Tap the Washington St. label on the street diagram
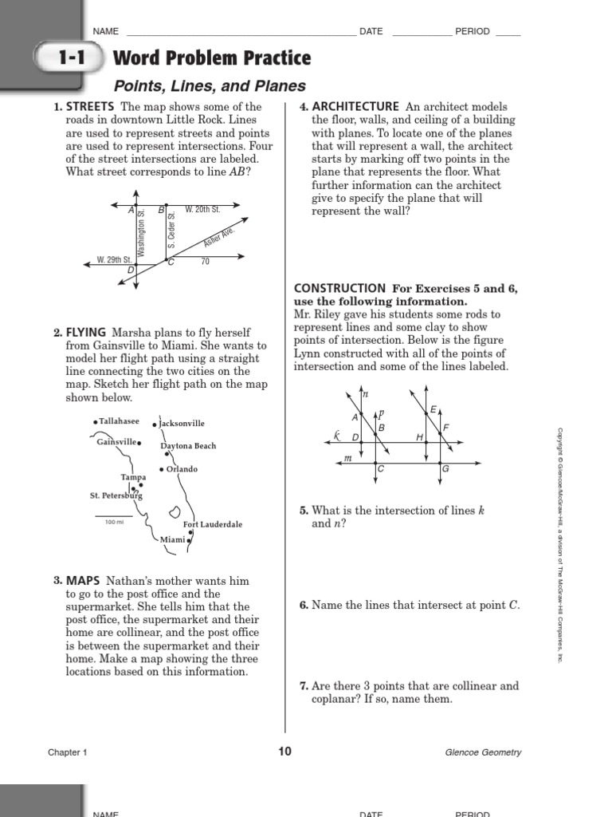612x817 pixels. [x=141, y=233]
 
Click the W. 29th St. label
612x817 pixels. [x=114, y=260]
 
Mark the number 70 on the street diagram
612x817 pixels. [x=205, y=262]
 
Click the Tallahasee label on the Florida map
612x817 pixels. [x=119, y=421]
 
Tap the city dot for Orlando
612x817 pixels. [x=162, y=469]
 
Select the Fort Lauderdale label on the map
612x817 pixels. [x=212, y=524]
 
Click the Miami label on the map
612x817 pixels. [x=172, y=540]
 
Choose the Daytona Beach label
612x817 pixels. [x=188, y=446]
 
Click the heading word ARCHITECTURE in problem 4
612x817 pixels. [x=355, y=107]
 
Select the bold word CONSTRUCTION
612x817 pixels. [x=339, y=288]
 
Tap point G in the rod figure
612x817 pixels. [x=445, y=468]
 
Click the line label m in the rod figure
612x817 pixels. [x=347, y=458]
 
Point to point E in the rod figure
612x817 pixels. [x=433, y=409]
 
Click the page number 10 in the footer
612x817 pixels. [x=285, y=751]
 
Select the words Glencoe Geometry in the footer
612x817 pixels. [x=484, y=752]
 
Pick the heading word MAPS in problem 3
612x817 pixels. [x=83, y=582]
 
